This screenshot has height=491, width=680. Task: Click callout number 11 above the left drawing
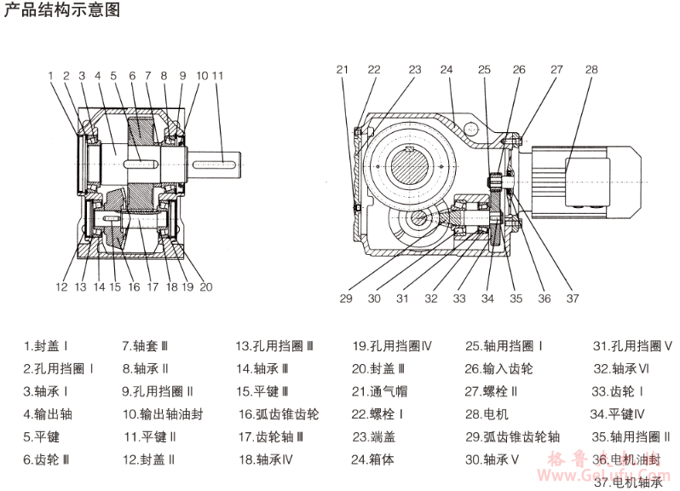[217, 76]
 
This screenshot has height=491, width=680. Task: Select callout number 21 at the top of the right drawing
[343, 70]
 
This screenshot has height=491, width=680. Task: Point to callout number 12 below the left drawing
[61, 287]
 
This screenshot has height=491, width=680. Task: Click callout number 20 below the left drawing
[205, 287]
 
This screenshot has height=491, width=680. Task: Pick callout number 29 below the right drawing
[345, 298]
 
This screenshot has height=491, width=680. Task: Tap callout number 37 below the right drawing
[572, 298]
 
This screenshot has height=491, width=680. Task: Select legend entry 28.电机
[487, 415]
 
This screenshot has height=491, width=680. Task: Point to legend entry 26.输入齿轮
[498, 370]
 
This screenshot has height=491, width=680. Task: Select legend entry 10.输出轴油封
[163, 415]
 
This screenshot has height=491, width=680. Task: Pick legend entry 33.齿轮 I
[617, 392]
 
